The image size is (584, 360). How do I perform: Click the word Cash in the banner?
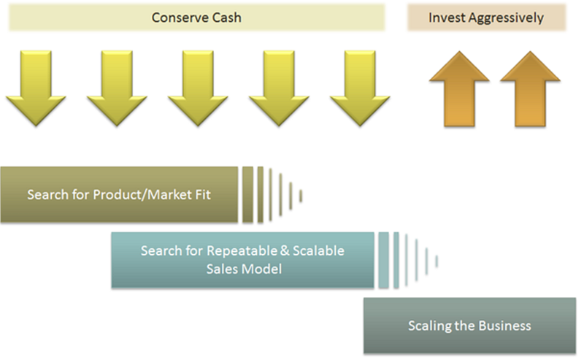[x=227, y=18]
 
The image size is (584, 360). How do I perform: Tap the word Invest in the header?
[x=446, y=18]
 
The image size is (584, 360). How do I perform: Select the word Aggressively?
[x=506, y=18]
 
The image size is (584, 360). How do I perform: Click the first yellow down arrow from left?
[x=36, y=88]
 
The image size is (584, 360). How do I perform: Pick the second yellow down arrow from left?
[x=117, y=88]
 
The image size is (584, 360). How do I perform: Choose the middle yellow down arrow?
[x=198, y=88]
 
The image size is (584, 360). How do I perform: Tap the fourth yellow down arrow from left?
[x=279, y=88]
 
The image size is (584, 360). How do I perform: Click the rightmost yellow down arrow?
[x=360, y=88]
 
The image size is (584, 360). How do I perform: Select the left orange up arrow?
[x=459, y=89]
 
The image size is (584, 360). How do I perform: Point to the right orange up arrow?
[x=530, y=89]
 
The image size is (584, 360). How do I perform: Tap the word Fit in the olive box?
[x=203, y=194]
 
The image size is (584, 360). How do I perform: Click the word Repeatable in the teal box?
[x=242, y=250]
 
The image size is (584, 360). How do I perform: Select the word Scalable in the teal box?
[x=318, y=250]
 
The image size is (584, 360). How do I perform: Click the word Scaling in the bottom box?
[x=429, y=326]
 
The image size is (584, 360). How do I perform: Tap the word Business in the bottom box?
[x=504, y=326]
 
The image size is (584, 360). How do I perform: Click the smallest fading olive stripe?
[x=301, y=196]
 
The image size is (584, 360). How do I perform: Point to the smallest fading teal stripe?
[x=437, y=261]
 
